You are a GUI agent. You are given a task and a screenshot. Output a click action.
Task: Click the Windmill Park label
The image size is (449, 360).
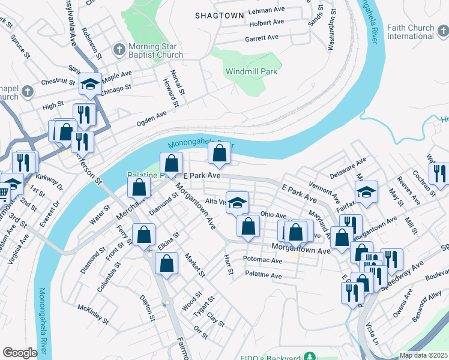[x=251, y=71]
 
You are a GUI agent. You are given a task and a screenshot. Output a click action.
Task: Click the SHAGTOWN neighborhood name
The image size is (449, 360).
[x=219, y=16]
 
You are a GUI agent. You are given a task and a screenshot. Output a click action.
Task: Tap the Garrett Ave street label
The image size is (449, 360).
[x=262, y=38]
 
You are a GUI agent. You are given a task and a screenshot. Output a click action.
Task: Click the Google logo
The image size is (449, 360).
[x=20, y=353]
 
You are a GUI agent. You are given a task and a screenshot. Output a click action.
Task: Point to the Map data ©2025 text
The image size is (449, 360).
[x=423, y=355]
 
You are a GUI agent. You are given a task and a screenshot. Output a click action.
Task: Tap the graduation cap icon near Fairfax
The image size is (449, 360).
[x=366, y=192]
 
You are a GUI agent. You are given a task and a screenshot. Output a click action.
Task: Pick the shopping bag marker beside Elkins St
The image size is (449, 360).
[x=144, y=235]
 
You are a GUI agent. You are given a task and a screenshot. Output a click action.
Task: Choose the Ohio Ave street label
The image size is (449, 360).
[x=273, y=215]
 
